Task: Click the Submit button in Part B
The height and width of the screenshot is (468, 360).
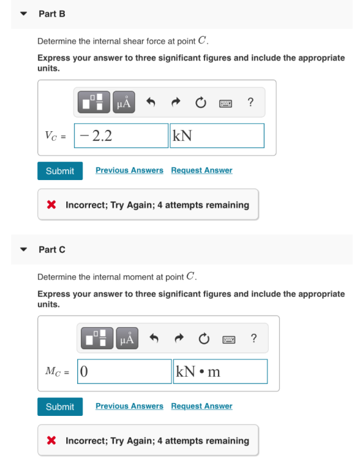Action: coord(60,171)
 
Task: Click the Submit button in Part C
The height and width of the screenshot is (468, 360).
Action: coord(60,406)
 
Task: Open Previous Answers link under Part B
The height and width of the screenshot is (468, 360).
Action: coord(129,170)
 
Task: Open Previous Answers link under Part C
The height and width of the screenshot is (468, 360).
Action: coord(129,406)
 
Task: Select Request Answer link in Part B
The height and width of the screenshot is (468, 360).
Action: coord(201,170)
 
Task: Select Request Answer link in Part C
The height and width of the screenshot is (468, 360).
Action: coord(201,406)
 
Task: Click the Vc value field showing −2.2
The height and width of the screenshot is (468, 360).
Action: coord(122,136)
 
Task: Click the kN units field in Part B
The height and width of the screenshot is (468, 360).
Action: coord(217,136)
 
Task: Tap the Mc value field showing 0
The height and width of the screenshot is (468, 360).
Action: coord(125,372)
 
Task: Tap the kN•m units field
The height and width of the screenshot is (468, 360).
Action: coord(221,372)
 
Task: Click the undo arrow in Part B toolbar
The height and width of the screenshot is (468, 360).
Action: coord(150,102)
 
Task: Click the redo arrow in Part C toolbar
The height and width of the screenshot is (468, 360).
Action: coord(179,338)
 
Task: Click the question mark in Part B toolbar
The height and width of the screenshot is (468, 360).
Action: coord(251,102)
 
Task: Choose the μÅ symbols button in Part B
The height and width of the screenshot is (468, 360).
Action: coord(124,102)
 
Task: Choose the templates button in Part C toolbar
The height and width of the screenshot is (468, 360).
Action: coord(97,338)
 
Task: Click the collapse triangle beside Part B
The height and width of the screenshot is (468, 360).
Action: coord(24,14)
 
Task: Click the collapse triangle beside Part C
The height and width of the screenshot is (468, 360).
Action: coord(24,249)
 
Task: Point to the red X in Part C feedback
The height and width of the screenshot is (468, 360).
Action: coord(51,440)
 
